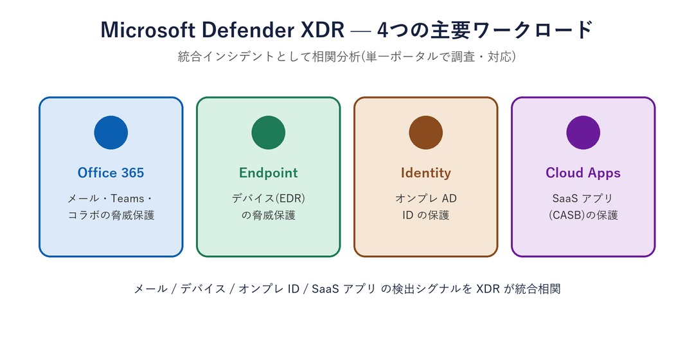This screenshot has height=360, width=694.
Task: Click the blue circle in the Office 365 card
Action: [111, 132]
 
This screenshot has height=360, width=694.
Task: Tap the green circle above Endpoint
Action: [268, 132]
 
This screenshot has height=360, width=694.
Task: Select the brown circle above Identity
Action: [426, 132]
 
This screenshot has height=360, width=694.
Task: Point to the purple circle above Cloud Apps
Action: [583, 132]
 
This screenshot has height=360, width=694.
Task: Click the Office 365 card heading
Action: [111, 173]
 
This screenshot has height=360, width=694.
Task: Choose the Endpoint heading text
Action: [268, 173]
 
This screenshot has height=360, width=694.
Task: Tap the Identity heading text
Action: [426, 173]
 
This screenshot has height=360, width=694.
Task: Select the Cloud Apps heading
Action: [583, 173]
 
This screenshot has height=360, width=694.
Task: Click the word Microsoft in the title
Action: [148, 30]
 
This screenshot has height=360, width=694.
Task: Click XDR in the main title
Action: [322, 30]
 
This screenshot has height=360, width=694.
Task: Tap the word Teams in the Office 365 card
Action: [127, 199]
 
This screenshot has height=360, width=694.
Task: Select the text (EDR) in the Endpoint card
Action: [290, 199]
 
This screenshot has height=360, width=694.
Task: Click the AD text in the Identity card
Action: [449, 199]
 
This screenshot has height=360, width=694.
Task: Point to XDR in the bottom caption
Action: [488, 289]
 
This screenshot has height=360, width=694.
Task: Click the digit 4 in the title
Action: [383, 30]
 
